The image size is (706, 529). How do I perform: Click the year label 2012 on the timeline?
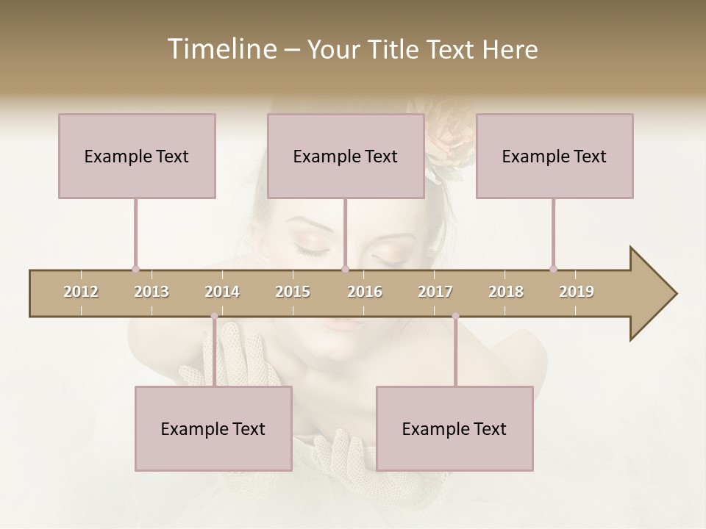pos(81,292)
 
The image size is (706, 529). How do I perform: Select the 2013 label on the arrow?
pos(151,292)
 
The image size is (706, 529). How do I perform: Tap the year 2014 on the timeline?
pos(222,292)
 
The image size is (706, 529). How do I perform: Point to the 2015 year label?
pos(293,292)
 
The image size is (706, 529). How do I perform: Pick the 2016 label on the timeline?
pos(365,292)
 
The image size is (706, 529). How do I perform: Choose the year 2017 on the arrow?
pos(435,292)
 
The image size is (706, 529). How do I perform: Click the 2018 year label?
pos(506,292)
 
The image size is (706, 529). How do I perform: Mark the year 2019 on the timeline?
pos(577,292)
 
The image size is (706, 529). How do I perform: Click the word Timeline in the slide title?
pos(220,49)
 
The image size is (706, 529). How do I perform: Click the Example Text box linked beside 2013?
pos(137,156)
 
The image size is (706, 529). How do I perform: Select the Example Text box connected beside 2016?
pos(346,156)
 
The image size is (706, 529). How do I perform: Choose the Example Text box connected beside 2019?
pos(555,156)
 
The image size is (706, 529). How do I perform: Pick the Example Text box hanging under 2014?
pos(213,428)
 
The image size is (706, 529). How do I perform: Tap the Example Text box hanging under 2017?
pos(454,428)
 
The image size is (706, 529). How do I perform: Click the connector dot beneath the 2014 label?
pos(214,316)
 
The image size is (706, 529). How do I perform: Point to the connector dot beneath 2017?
pos(455,316)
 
